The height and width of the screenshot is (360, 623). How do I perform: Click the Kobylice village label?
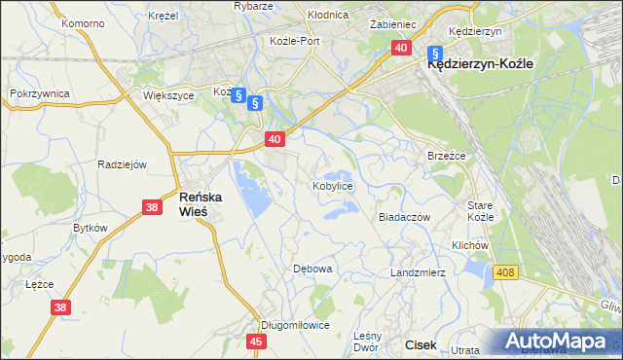click(332, 185)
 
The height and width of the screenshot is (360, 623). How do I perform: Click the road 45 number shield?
click(257, 342)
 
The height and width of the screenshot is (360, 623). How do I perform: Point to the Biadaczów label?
click(404, 218)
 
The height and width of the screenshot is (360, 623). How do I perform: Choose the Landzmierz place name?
click(418, 272)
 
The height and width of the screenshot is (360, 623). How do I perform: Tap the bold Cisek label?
click(421, 344)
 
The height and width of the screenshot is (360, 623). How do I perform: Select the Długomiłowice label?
click(295, 326)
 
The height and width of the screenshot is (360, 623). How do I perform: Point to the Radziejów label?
click(122, 164)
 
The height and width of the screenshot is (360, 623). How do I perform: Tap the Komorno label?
click(82, 22)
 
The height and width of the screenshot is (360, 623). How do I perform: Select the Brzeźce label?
click(448, 156)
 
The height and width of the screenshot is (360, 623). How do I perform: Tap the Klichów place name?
click(469, 246)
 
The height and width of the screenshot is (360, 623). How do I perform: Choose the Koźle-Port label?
click(295, 42)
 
